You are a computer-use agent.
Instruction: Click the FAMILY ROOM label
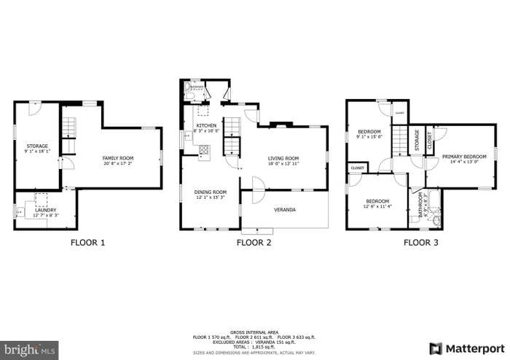117,157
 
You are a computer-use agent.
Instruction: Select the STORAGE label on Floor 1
37,146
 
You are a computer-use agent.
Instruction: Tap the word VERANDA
284,210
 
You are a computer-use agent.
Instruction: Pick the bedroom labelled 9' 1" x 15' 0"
369,132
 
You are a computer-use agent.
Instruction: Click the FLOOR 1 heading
87,243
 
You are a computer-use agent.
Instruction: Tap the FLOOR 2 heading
254,243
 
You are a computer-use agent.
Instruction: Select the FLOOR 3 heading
420,243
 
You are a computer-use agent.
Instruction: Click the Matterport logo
466,348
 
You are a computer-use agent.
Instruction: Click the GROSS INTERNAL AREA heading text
254,331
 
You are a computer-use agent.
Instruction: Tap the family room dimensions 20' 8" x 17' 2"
117,163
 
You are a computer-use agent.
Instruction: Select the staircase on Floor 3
401,141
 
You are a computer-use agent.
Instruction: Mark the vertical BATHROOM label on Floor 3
420,205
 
